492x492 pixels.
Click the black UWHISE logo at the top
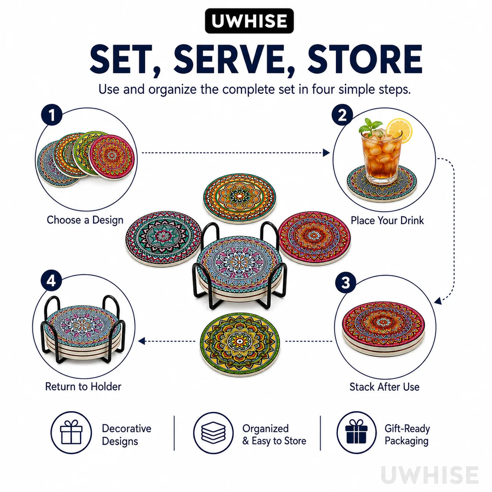coord(249,21)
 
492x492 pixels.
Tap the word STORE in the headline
coord(364,59)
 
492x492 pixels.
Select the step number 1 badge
coord(52,115)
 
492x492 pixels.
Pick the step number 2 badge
coord(342,115)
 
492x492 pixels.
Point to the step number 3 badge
coord(345,282)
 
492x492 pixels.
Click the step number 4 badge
coord(51,281)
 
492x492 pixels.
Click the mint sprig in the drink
coord(370,127)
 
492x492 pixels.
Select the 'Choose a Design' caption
coord(85,220)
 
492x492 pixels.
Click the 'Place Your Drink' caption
coord(387,220)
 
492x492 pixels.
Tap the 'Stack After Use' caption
coord(385,387)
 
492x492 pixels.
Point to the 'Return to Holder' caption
coord(83,387)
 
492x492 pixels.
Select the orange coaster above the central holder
coord(240,198)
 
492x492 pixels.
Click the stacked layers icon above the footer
coord(213,433)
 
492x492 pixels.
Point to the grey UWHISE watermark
coord(430,475)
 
